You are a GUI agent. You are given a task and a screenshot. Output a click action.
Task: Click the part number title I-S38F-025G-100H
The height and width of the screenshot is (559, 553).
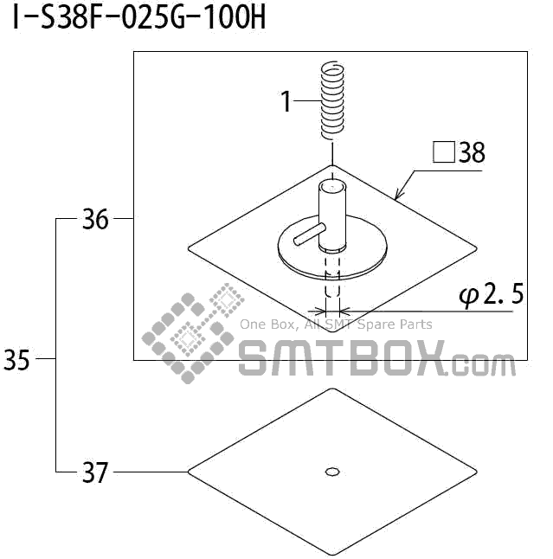pos(139,17)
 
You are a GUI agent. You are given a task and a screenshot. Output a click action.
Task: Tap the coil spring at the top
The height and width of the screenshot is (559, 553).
pos(332,100)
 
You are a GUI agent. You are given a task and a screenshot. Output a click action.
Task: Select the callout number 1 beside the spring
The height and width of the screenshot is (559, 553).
pos(286,101)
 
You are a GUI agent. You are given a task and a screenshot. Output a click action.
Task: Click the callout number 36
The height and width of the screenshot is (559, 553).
pos(95,219)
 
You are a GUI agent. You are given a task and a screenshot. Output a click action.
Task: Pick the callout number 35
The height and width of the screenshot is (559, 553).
pos(16,359)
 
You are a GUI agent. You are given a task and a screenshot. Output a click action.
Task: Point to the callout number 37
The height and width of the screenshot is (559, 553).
pos(95,472)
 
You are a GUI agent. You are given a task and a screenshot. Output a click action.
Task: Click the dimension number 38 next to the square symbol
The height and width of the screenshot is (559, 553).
pos(472,152)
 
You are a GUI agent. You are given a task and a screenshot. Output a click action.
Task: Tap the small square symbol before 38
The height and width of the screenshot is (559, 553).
pos(444,152)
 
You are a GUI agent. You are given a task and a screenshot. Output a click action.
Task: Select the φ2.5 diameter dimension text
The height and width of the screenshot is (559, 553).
pos(492,294)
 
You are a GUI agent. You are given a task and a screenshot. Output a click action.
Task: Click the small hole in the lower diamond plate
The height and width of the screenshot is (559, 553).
pos(332,472)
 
